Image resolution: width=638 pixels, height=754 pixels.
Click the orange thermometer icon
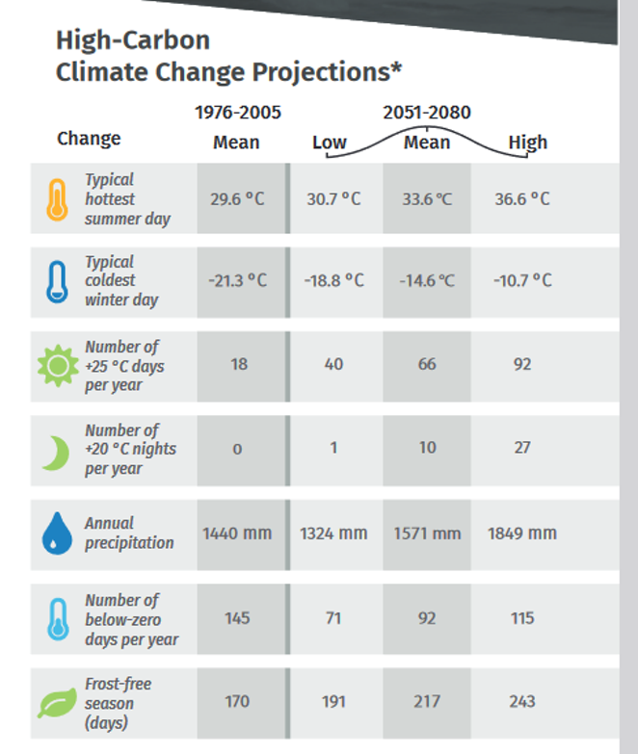tap(57, 199)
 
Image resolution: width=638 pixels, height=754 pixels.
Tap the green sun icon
tap(58, 366)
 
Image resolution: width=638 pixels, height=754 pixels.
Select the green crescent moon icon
tap(57, 453)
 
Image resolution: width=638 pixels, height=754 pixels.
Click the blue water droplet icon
tap(57, 533)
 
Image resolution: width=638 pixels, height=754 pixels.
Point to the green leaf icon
tap(57, 703)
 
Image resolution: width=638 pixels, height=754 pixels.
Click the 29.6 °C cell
tap(237, 198)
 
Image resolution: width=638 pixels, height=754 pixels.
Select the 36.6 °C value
tap(522, 198)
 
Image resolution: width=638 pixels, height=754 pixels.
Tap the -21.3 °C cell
tap(237, 280)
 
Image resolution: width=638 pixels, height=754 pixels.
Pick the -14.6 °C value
tap(427, 280)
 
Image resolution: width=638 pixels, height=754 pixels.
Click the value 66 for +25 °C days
tap(427, 364)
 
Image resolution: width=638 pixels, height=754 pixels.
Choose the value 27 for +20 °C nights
tap(522, 448)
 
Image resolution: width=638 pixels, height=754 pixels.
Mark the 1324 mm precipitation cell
tap(333, 533)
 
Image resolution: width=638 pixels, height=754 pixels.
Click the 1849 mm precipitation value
tap(522, 533)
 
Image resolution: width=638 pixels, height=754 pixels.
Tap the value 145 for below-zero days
tap(237, 618)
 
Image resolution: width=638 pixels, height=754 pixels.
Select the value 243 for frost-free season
tap(522, 702)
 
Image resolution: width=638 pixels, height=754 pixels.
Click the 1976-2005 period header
tap(238, 113)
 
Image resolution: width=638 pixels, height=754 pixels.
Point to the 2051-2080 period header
tap(427, 113)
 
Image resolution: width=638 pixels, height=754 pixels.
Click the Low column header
tap(330, 143)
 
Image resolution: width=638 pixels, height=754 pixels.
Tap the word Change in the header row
tap(89, 139)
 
